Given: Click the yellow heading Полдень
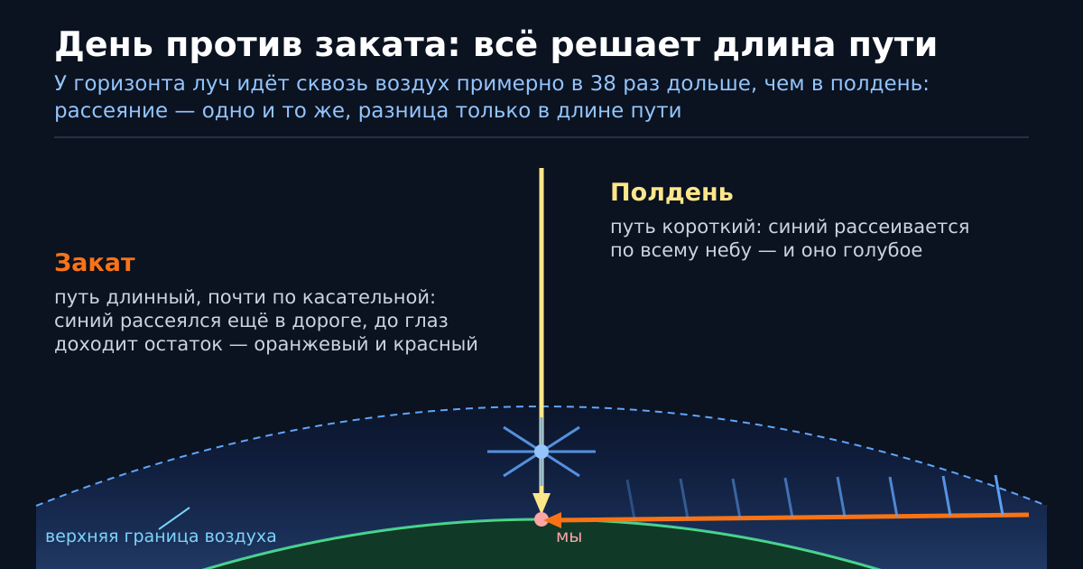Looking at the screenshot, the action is tap(671, 192).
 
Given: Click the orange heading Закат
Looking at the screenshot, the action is tap(95, 263).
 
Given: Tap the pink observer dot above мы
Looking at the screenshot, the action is tap(541, 519).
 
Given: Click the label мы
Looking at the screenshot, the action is tap(569, 537).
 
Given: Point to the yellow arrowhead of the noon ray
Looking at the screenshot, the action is tap(541, 503).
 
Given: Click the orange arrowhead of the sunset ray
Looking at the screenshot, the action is tap(553, 519).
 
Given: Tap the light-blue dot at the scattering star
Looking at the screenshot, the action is tap(541, 452).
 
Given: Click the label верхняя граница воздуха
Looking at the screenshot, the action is tap(161, 536).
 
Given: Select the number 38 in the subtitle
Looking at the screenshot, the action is tap(603, 84).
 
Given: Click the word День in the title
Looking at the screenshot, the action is tap(104, 45).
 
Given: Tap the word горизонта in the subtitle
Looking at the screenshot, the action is tap(129, 84).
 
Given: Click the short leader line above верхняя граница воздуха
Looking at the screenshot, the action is tap(174, 518).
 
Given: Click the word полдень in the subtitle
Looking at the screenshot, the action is tap(880, 84).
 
